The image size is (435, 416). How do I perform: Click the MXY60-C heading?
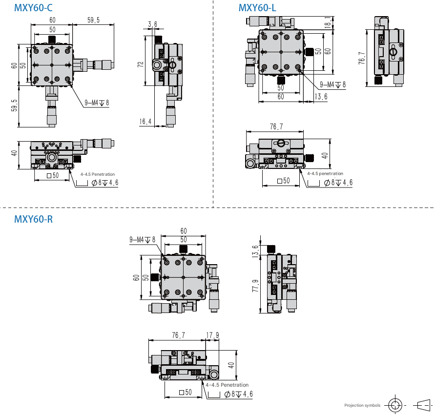pos(33,8)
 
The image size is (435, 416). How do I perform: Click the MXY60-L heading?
pos(257,8)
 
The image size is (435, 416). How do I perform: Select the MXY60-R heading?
pos(33,219)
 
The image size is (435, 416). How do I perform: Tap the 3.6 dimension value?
pos(153,24)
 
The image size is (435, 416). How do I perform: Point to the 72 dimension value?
pos(141,64)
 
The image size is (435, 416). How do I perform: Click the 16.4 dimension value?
pos(145,122)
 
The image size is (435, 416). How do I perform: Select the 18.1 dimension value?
pos(328,22)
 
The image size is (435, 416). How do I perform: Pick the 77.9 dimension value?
pos(255,286)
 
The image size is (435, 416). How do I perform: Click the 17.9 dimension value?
pos(212,335)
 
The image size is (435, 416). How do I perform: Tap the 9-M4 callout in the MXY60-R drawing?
pos(143,240)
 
